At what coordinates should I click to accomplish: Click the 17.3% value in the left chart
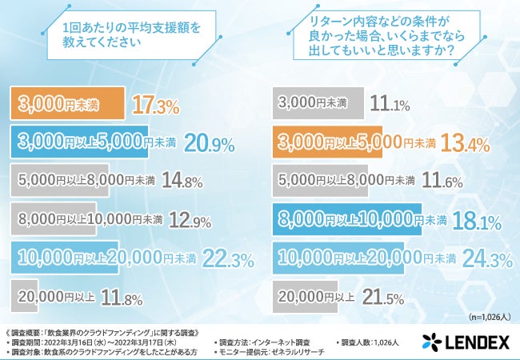156,104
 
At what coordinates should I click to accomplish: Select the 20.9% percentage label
209,143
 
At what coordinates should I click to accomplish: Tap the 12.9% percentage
192,218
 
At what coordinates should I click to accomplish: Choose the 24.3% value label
490,258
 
